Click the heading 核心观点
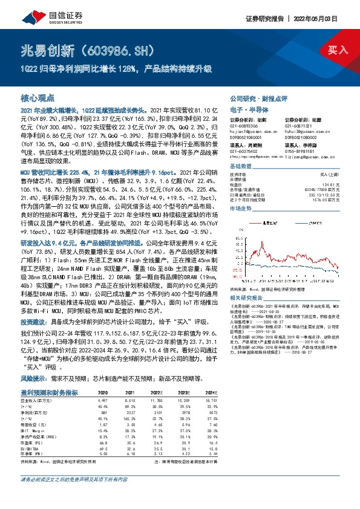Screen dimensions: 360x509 click(x=38, y=97)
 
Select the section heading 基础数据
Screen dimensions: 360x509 click(x=240, y=166)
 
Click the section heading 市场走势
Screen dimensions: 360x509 click(x=240, y=207)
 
